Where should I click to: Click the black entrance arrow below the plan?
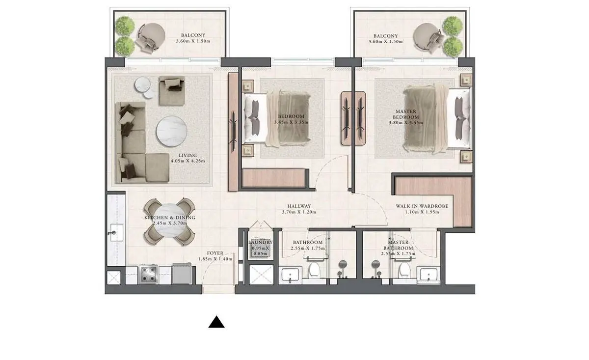216,322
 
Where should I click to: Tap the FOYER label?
215,253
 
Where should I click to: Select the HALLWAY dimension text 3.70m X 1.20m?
299,212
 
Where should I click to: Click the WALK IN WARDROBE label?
422,206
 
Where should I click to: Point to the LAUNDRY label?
260,242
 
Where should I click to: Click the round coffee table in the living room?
172,131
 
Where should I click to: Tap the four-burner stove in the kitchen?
148,274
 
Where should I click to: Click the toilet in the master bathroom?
404,271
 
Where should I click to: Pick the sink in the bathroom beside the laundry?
290,275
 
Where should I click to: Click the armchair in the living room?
172,91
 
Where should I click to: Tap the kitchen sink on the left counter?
116,232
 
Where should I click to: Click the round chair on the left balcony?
152,36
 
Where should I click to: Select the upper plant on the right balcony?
452,26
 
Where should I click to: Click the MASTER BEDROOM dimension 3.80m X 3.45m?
406,123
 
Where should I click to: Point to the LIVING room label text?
187,155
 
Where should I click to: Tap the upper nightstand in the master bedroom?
466,80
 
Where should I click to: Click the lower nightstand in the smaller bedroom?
248,150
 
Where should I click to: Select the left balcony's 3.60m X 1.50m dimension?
193,41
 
